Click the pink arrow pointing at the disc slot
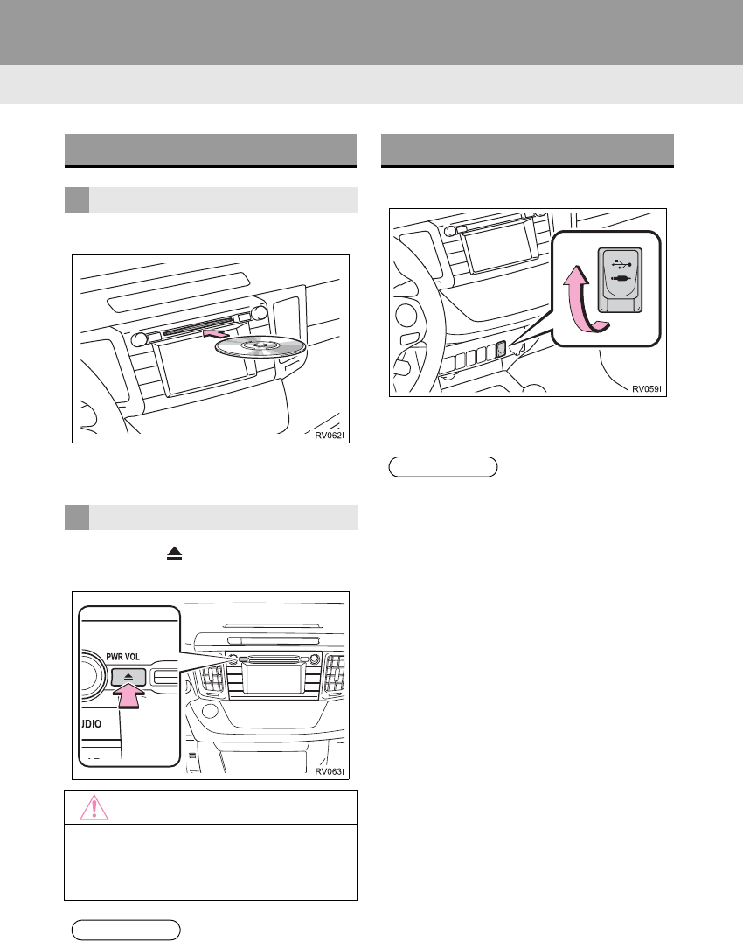coord(216,333)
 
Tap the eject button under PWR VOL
coord(129,677)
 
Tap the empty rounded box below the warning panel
coord(126,929)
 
